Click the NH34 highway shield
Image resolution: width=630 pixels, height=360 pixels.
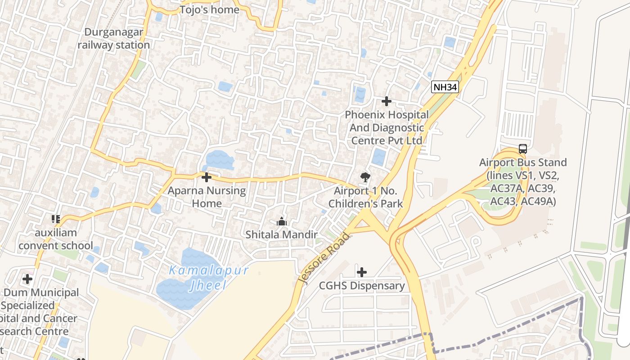[x=445, y=87]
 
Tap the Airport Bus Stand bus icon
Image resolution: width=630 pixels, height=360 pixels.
[x=522, y=149]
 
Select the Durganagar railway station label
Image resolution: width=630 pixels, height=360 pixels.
[x=114, y=39]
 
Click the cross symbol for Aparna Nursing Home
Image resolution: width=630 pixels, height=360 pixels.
[x=207, y=177]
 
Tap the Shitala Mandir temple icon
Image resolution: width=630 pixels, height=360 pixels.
[x=282, y=221]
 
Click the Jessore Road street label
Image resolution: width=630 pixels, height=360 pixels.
[x=323, y=258]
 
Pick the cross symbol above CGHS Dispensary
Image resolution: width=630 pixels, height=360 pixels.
[x=361, y=272]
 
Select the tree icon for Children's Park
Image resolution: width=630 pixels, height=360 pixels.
[x=365, y=177]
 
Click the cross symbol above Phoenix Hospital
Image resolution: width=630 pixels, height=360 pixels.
[x=386, y=101]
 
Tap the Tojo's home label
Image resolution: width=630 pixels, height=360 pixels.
[x=210, y=9]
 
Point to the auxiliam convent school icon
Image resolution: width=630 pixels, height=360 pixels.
[x=56, y=219]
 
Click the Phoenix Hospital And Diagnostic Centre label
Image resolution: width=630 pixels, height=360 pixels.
[x=387, y=128]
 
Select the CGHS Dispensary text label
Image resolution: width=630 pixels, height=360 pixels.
[x=362, y=286]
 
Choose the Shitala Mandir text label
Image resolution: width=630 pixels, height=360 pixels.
[x=282, y=234]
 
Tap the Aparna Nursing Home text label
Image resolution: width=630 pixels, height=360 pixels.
[x=207, y=197]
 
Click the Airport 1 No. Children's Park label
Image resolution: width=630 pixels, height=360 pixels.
[x=365, y=197]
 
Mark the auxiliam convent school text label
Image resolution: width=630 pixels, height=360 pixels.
[x=56, y=239]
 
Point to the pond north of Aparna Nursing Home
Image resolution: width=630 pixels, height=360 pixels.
[x=219, y=159]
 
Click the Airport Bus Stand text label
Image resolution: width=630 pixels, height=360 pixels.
[x=523, y=182]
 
